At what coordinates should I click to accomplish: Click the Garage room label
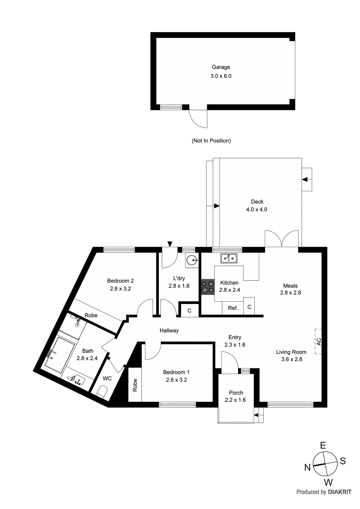221,67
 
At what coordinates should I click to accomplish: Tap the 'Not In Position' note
211,141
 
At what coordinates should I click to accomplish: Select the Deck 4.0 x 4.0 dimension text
257,210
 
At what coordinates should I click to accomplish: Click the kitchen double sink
229,258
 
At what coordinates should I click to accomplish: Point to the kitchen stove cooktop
208,287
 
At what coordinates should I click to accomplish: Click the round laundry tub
192,261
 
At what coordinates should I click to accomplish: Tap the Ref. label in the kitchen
233,308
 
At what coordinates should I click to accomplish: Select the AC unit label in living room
319,342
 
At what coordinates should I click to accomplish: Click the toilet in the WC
102,391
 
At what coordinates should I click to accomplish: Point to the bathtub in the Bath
59,355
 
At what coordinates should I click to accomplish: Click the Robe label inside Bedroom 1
135,385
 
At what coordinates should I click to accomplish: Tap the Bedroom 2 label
120,281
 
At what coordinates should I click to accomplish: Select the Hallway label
169,331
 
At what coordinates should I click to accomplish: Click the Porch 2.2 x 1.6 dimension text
235,400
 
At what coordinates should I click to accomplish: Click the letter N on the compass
307,467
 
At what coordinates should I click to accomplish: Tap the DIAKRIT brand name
339,492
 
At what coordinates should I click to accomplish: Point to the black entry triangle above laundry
170,244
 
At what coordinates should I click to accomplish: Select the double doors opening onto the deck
282,239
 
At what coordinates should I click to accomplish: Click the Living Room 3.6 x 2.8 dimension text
292,359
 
